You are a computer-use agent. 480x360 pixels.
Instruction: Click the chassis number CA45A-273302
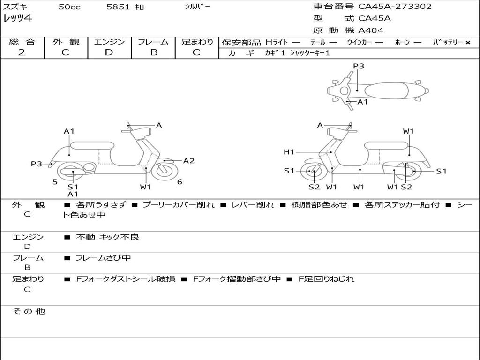tap(395, 7)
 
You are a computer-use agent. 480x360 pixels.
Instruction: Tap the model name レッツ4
tap(17, 18)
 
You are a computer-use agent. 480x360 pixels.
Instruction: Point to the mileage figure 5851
tap(118, 7)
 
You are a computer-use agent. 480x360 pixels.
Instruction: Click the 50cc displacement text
tap(69, 7)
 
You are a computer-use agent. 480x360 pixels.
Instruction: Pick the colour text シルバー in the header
tap(197, 7)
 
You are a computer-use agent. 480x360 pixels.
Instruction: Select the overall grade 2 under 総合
tap(22, 52)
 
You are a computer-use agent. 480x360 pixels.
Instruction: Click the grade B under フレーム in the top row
tap(154, 52)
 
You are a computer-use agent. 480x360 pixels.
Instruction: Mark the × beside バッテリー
tap(468, 43)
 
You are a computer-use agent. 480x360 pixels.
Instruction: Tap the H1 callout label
tap(289, 152)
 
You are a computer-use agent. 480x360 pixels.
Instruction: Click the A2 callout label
tap(188, 161)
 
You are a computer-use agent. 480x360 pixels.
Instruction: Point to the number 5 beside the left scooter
tap(55, 182)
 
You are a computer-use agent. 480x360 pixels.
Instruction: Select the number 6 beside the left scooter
tap(180, 182)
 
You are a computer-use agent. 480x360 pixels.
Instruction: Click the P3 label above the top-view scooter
tap(359, 66)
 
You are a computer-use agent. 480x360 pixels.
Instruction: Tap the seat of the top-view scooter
tap(386, 91)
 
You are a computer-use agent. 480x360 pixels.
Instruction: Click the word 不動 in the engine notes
tap(85, 237)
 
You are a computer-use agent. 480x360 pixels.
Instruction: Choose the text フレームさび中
tap(103, 258)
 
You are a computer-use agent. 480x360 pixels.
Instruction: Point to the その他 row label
tap(29, 311)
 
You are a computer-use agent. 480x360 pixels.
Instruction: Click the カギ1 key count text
tap(275, 53)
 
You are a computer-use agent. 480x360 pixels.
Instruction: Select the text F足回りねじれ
tap(326, 279)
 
